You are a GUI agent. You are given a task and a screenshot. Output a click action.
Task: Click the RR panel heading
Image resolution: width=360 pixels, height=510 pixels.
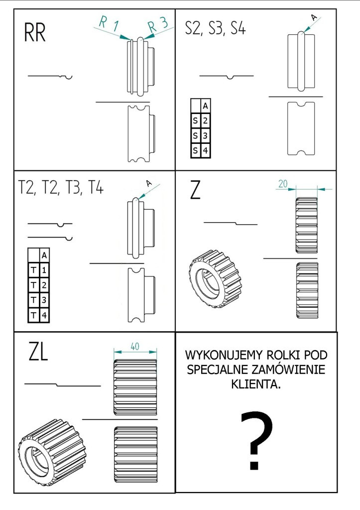(x=35, y=32)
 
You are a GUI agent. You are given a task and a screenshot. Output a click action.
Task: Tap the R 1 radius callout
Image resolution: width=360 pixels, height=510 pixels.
(x=109, y=24)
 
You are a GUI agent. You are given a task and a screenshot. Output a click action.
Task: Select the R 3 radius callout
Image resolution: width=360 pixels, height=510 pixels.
(x=158, y=25)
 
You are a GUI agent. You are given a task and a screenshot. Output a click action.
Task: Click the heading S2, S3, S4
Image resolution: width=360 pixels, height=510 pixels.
(x=215, y=28)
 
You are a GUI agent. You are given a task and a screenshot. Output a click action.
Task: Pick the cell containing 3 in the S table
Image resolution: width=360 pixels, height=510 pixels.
(x=206, y=135)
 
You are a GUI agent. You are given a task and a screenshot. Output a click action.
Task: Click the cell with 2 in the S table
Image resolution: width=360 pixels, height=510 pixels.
(x=206, y=121)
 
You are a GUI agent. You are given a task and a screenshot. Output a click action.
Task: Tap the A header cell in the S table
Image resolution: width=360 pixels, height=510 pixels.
(x=206, y=106)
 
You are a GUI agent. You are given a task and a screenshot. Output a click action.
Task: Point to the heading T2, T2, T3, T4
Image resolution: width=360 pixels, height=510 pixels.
(x=61, y=188)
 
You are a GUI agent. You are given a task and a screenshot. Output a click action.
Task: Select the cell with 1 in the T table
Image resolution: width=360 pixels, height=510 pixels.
(x=44, y=270)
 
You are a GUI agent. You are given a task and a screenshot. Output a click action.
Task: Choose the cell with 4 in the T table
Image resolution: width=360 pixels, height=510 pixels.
(x=44, y=315)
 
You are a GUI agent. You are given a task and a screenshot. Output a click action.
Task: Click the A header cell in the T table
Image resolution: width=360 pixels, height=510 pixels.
(x=44, y=255)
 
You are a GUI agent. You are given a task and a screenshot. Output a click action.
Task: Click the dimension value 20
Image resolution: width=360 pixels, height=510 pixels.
(x=283, y=184)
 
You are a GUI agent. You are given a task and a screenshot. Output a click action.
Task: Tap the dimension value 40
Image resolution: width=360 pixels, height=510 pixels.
(x=135, y=347)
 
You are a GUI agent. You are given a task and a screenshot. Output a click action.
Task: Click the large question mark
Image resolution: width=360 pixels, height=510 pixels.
(x=256, y=440)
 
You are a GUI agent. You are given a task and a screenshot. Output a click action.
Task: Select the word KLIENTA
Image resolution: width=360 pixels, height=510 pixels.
(x=256, y=384)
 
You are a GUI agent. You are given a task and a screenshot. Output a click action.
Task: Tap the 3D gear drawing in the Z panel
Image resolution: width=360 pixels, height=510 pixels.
(x=215, y=278)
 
